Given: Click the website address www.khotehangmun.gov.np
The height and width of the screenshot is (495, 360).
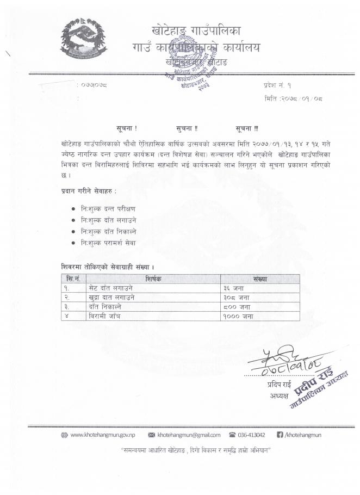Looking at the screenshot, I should (104, 435).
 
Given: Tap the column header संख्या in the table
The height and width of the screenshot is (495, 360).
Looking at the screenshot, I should (260, 278).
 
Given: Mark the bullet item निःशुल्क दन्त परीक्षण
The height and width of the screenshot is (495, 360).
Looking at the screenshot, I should (108, 208).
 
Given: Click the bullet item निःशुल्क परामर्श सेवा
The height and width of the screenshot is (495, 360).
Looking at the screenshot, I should (108, 243).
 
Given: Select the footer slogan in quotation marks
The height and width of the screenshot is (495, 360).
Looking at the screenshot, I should (195, 451).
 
